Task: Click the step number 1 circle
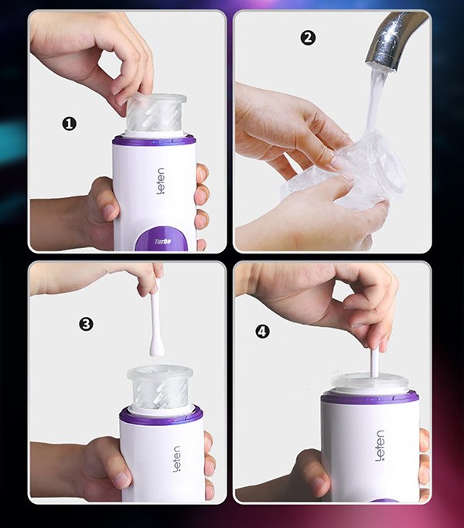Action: coord(69,124)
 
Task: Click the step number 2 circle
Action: coord(308,38)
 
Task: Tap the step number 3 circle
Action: coord(87,324)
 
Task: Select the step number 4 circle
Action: coord(262,332)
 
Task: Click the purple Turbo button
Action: coord(162,240)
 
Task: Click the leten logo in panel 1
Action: coord(161,182)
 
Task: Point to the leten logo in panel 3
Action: coord(176,458)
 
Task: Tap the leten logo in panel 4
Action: coord(380,445)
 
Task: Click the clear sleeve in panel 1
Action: coord(156,114)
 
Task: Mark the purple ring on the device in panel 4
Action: coord(370,399)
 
